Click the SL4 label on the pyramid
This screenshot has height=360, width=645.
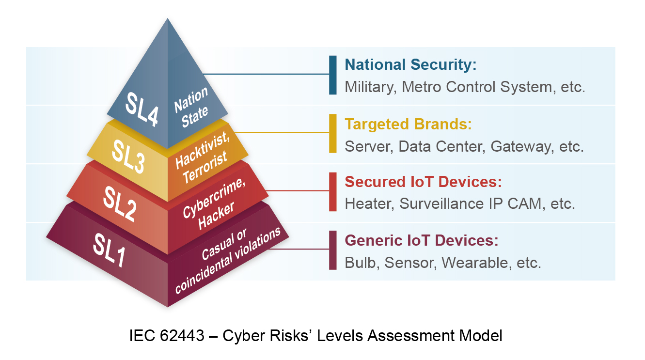pyautogui.click(x=142, y=109)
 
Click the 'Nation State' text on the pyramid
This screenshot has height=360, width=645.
pyautogui.click(x=192, y=107)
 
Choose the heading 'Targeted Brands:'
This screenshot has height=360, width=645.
pyautogui.click(x=408, y=124)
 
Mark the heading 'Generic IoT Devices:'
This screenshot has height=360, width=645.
pyautogui.click(x=422, y=240)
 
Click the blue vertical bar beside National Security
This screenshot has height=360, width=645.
pyautogui.click(x=332, y=75)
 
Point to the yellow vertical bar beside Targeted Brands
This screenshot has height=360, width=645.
pyautogui.click(x=332, y=133)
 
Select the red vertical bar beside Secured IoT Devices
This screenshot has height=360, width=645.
pyautogui.click(x=332, y=192)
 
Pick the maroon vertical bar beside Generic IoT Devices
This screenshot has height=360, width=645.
pyautogui.click(x=332, y=250)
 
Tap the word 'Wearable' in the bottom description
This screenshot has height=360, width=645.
pyautogui.click(x=475, y=263)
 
